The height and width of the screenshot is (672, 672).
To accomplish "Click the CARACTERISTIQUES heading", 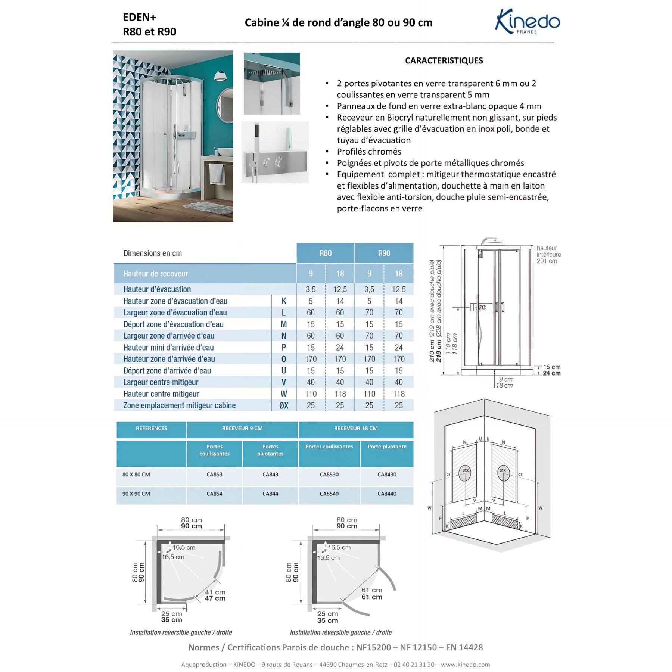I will tap(444, 60).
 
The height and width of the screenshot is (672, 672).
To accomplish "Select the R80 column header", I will tap(325, 253).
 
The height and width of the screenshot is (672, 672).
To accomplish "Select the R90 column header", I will tap(384, 253).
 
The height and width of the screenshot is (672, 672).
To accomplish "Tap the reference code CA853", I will tap(214, 475).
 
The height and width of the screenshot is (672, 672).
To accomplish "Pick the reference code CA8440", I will tap(387, 494).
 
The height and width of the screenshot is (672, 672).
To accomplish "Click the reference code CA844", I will tap(270, 494).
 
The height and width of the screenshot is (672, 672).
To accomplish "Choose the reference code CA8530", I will tap(329, 475).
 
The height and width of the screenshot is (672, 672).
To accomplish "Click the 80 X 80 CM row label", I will tap(136, 475).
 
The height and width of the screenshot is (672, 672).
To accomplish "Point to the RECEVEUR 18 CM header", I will tap(356, 428).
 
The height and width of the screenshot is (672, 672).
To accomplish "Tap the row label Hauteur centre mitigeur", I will tap(161, 394).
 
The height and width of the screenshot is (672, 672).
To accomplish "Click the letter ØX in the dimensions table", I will tap(284, 405).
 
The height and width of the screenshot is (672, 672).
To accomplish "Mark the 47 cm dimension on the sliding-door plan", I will tap(215, 598).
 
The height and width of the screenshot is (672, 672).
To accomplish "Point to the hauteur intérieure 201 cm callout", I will tap(548, 255).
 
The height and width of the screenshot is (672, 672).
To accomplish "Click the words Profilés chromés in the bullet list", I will tap(369, 152).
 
